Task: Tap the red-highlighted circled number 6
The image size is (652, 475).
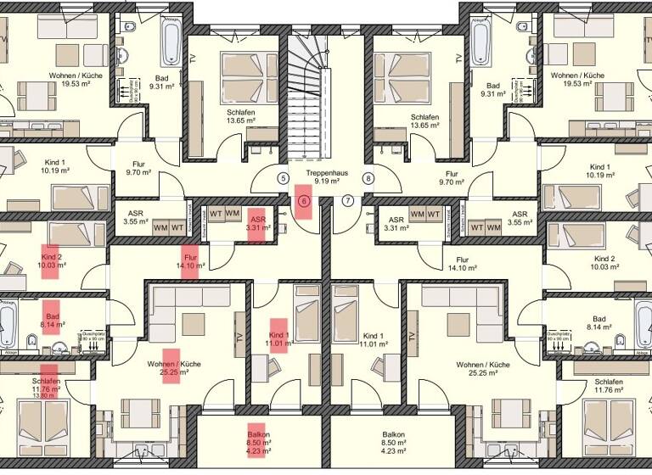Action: pyautogui.click(x=304, y=202)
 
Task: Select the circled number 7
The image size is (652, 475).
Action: pyautogui.click(x=347, y=202)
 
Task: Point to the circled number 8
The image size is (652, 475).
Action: pyautogui.click(x=368, y=178)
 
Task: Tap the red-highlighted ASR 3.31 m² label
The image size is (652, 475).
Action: pyautogui.click(x=258, y=222)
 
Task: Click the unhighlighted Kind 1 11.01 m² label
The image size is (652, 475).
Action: pyautogui.click(x=374, y=339)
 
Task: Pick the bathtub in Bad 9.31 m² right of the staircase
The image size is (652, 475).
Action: pyautogui.click(x=481, y=42)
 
